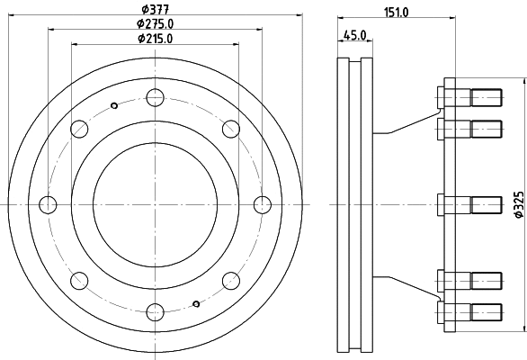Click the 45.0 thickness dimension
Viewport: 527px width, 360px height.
(x=354, y=37)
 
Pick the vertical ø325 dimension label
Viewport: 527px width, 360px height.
(x=518, y=204)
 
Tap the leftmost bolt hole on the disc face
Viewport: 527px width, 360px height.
(x=48, y=204)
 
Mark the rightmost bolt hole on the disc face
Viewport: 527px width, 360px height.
(x=262, y=204)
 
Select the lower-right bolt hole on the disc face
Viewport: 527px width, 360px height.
(x=230, y=280)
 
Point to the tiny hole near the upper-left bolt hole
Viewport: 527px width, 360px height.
(x=113, y=107)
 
